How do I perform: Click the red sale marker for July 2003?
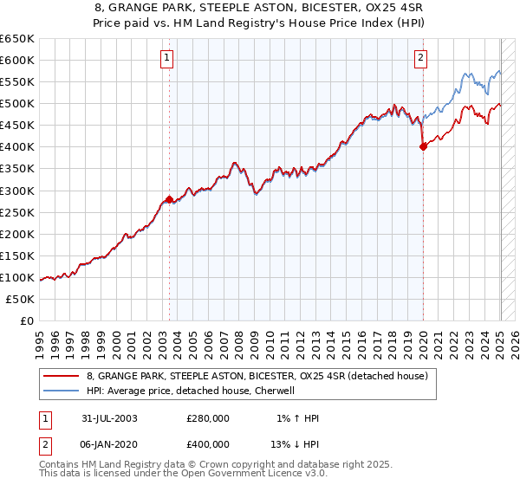coord(169,199)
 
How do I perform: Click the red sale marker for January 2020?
coord(423,147)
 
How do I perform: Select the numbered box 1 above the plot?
coord(166,59)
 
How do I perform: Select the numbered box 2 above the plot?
coord(420,59)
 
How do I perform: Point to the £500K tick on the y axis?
coord(16,103)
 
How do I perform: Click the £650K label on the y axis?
coord(16,38)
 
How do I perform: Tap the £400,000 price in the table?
coord(207,443)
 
